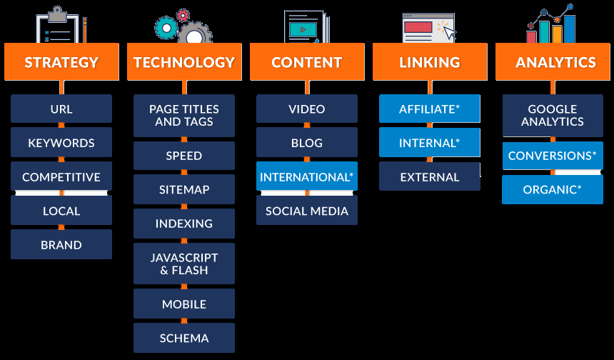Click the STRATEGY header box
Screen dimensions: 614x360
(x=61, y=62)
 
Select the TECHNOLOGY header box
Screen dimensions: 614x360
(x=184, y=62)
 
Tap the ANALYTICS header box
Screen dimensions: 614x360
(x=553, y=62)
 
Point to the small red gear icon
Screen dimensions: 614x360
(x=183, y=15)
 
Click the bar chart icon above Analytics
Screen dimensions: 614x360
(x=550, y=24)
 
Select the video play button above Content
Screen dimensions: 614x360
(x=302, y=29)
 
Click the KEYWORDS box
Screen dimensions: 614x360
(x=61, y=143)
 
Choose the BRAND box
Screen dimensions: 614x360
(x=61, y=244)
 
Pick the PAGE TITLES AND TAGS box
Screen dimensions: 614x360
(x=184, y=116)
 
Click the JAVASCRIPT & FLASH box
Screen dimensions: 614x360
(x=184, y=264)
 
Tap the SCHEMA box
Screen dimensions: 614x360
(x=184, y=338)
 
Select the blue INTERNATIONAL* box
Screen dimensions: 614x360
(x=307, y=176)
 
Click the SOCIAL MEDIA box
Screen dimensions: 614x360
(x=307, y=211)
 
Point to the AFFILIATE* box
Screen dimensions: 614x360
(x=430, y=109)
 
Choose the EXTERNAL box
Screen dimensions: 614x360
(x=430, y=176)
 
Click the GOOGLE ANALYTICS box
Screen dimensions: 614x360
(x=553, y=116)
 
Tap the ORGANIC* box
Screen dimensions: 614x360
(x=553, y=189)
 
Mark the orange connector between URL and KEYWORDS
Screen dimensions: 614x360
(x=61, y=125)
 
